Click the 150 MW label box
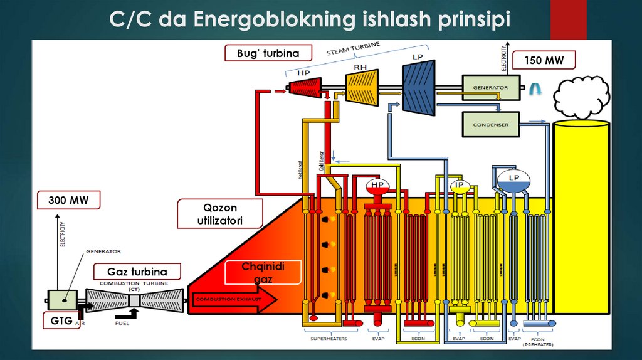tap(544, 60)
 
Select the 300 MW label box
tap(69, 201)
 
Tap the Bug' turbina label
tap(262, 53)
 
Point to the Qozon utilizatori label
tap(219, 214)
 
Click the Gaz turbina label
tap(137, 272)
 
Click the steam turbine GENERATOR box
tap(490, 87)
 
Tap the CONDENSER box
tap(490, 124)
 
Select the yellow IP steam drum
tap(460, 186)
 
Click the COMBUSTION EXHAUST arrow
tap(234, 300)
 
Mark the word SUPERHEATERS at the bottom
tap(329, 339)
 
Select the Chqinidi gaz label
tap(263, 273)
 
